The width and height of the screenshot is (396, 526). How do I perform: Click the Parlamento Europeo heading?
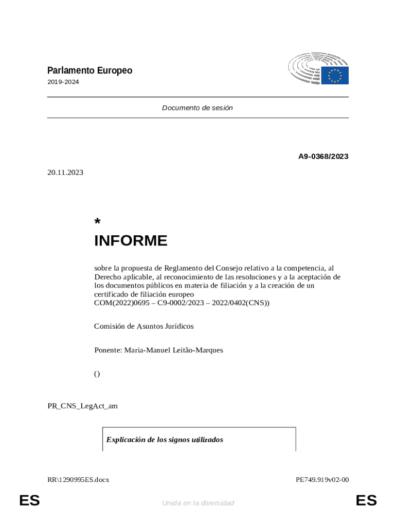(x=89, y=70)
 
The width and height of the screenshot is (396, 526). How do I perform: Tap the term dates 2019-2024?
(x=63, y=82)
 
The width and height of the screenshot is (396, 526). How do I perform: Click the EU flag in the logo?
(x=335, y=76)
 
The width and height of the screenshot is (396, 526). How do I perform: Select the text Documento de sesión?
(x=197, y=108)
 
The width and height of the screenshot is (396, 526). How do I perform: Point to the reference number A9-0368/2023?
(x=323, y=156)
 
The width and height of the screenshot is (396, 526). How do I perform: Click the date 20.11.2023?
(x=65, y=173)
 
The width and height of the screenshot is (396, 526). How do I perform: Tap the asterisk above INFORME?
(x=97, y=222)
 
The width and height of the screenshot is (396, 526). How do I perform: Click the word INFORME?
(x=131, y=241)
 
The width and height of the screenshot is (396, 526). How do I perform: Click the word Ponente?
(x=107, y=350)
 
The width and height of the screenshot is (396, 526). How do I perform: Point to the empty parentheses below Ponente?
(x=97, y=374)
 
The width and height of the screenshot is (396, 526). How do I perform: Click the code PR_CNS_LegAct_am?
(x=82, y=406)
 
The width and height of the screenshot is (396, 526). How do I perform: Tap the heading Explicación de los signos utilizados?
(x=165, y=440)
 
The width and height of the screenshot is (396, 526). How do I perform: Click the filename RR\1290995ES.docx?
(x=78, y=480)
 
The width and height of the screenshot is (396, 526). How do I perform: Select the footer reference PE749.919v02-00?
(x=322, y=480)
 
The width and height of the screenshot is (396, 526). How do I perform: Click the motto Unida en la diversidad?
(x=198, y=503)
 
